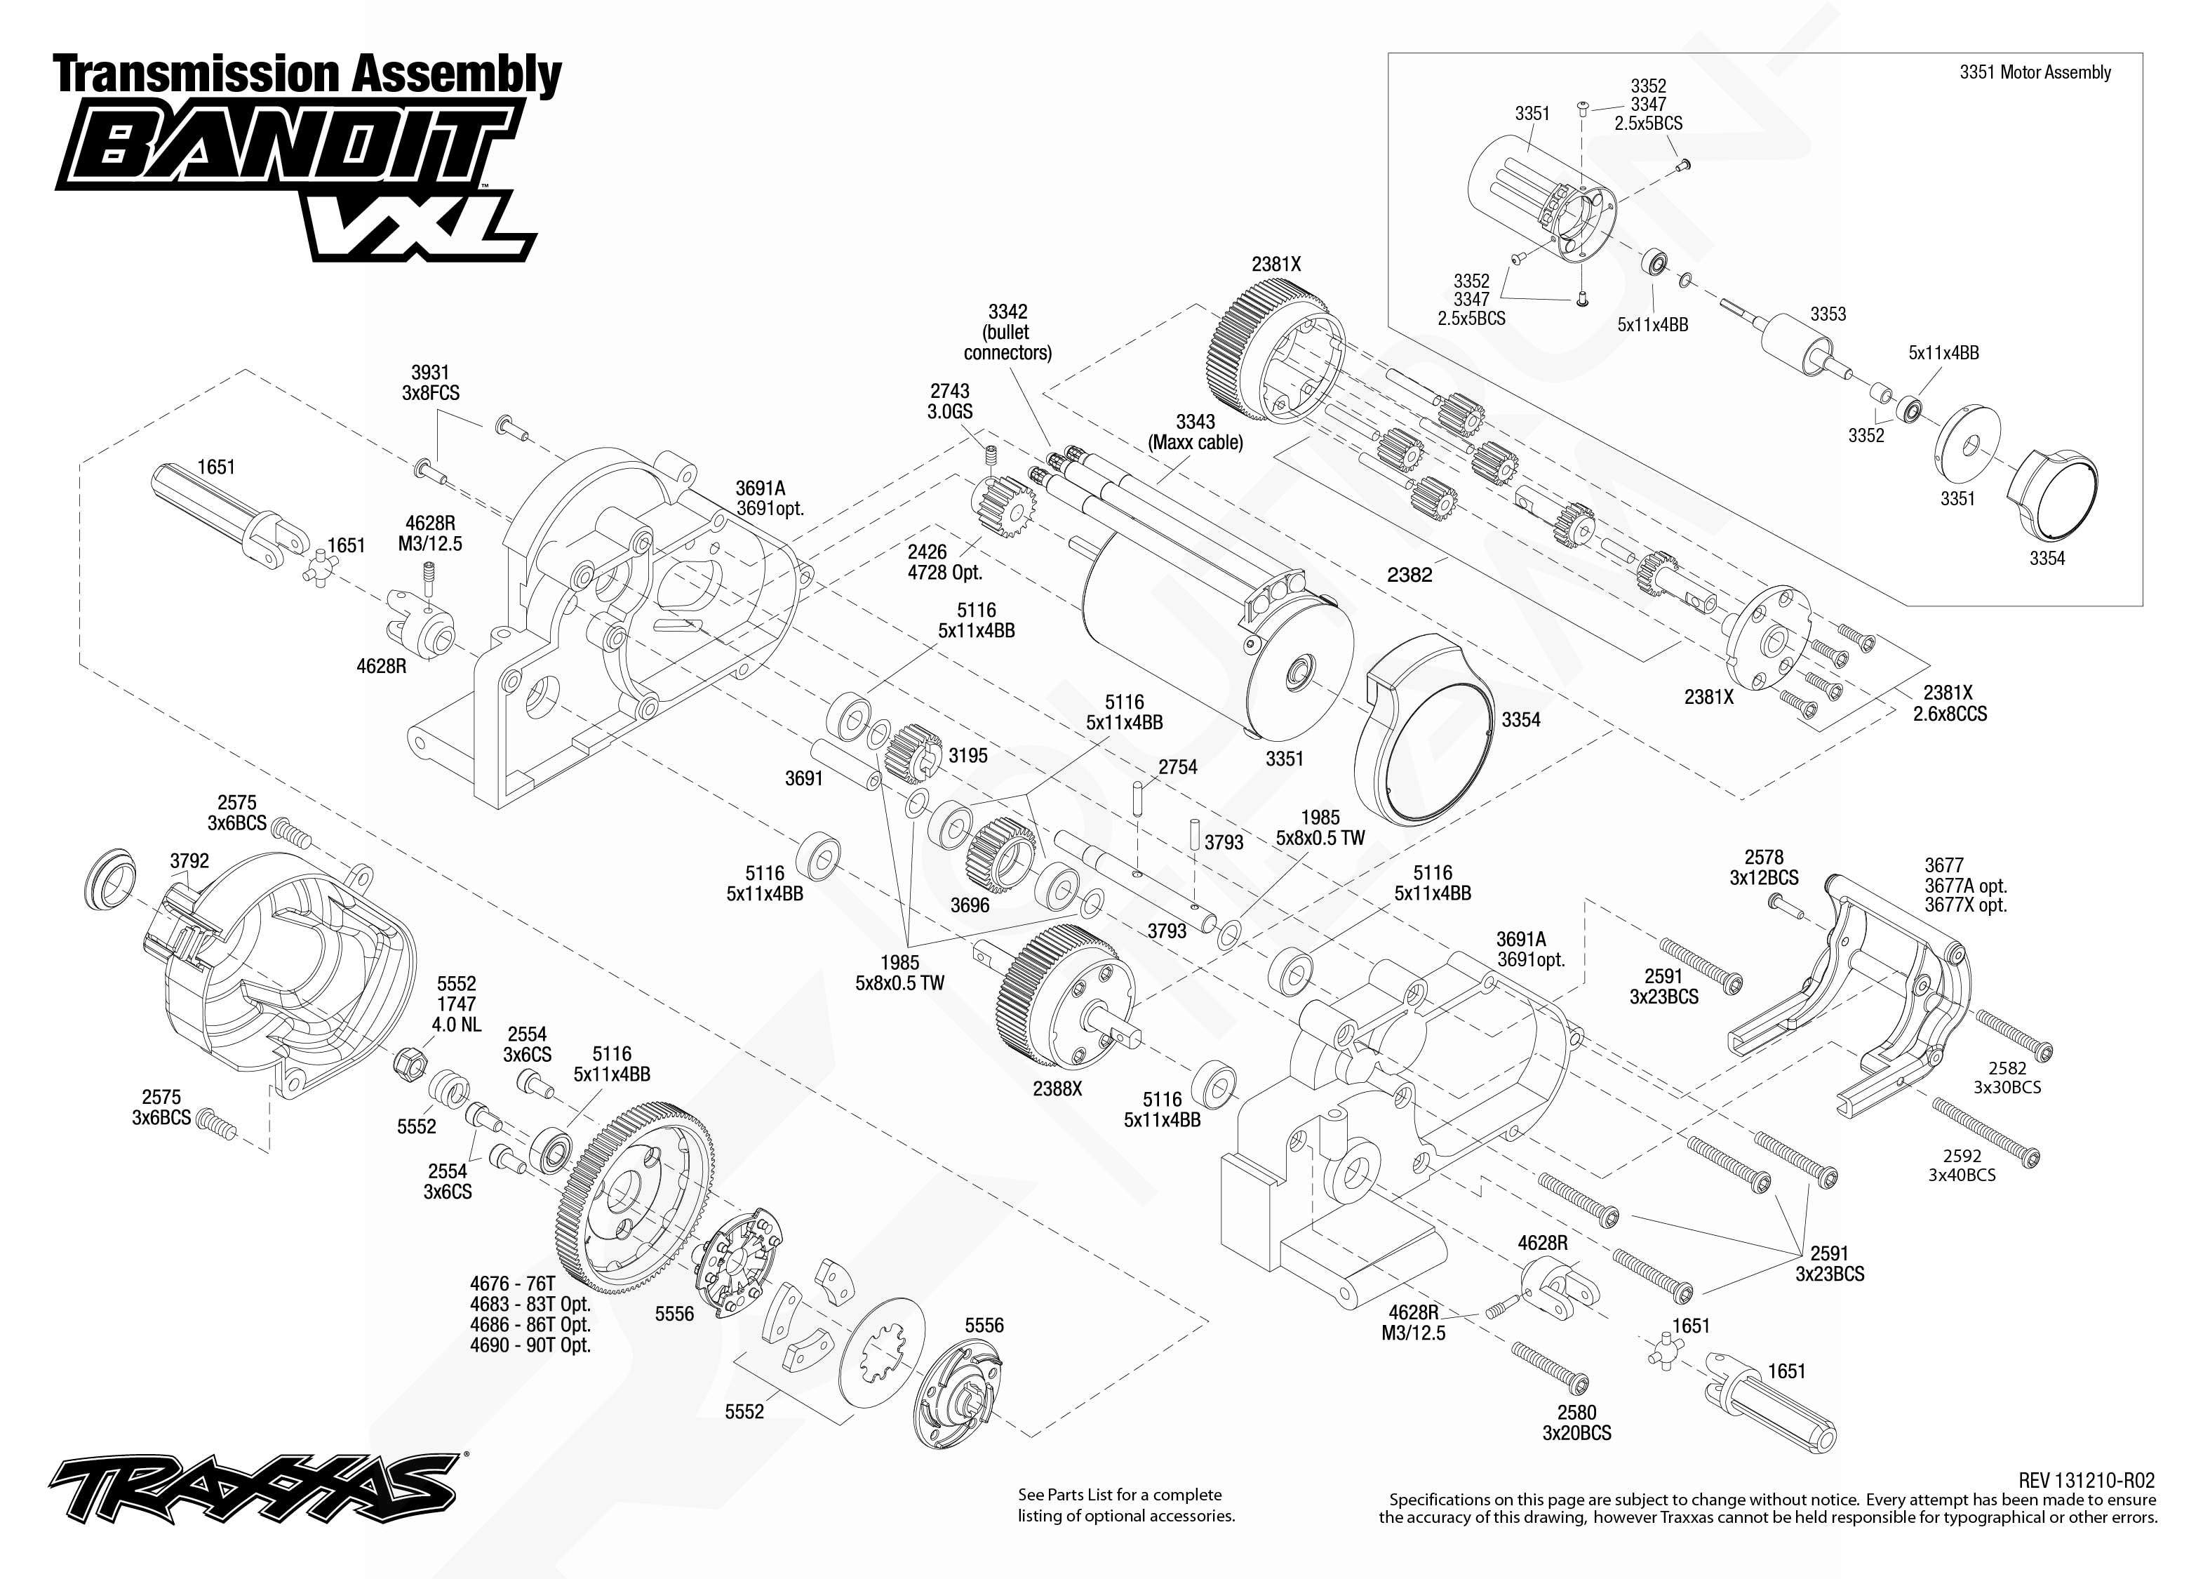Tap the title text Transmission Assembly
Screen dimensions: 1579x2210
pos(307,75)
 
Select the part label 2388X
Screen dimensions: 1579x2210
pos(1057,1089)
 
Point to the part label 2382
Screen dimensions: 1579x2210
pos(1409,575)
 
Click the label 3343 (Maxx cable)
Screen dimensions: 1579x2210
pos(1196,432)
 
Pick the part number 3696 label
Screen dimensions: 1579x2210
pos(969,905)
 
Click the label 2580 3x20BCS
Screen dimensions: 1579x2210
pos(1576,1423)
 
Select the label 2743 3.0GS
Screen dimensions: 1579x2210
pos(949,401)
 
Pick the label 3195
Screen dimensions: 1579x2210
pos(968,756)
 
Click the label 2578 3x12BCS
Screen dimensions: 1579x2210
pos(1763,867)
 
